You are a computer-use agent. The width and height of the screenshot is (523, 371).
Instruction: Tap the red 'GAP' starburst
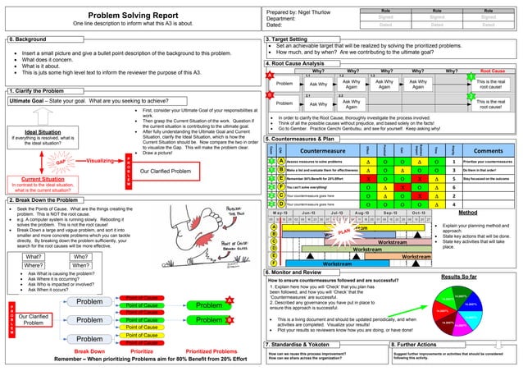point(38,161)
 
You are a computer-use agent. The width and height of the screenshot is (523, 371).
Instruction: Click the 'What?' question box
point(34,255)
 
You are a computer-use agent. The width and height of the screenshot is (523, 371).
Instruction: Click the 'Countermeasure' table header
point(325,150)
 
